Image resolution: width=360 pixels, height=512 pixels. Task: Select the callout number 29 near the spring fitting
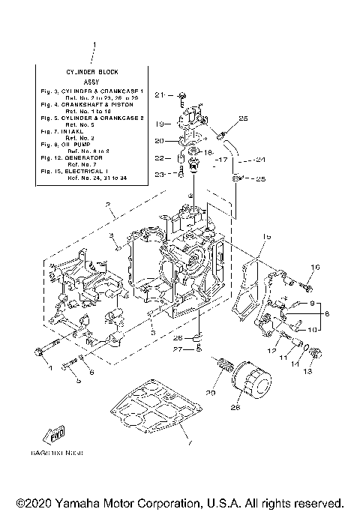[211, 393]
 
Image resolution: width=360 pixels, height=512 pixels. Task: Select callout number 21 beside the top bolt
[159, 95]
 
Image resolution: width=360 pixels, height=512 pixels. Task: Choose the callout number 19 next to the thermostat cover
[159, 124]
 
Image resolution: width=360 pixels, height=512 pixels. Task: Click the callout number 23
[158, 175]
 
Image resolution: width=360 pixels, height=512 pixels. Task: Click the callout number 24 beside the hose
[261, 159]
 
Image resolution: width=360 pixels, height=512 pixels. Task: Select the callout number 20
[158, 141]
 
